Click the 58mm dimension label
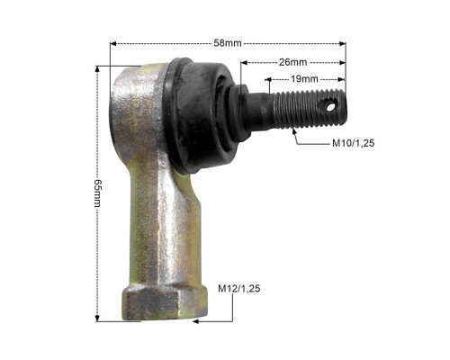[x=228, y=43]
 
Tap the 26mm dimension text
[x=292, y=62]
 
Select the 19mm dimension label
[x=304, y=79]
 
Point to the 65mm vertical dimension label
[x=98, y=193]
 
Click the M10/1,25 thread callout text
[x=353, y=143]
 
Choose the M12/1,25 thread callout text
[x=239, y=289]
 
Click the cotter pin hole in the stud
[x=330, y=106]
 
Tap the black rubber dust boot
[x=200, y=115]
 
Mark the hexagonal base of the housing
[x=165, y=303]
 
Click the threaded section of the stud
[x=309, y=109]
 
